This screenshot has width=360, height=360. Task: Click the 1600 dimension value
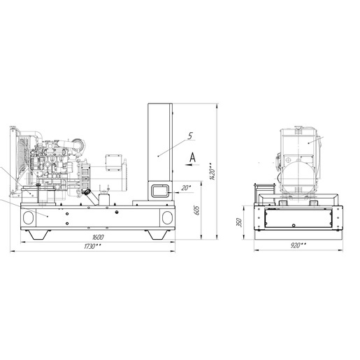pyautogui.click(x=98, y=238)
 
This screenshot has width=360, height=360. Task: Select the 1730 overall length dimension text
pyautogui.click(x=92, y=246)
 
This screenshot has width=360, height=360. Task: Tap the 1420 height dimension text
pyautogui.click(x=212, y=171)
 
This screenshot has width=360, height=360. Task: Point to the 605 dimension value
pyautogui.click(x=197, y=210)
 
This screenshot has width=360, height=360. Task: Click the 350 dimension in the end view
pyautogui.click(x=239, y=222)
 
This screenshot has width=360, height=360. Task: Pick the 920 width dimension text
pyautogui.click(x=298, y=245)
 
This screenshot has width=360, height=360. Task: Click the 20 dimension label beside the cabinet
pyautogui.click(x=186, y=188)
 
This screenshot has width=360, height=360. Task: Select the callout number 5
pyautogui.click(x=190, y=136)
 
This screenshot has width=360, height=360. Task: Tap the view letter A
pyautogui.click(x=192, y=157)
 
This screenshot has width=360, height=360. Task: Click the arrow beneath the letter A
pyautogui.click(x=192, y=165)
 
